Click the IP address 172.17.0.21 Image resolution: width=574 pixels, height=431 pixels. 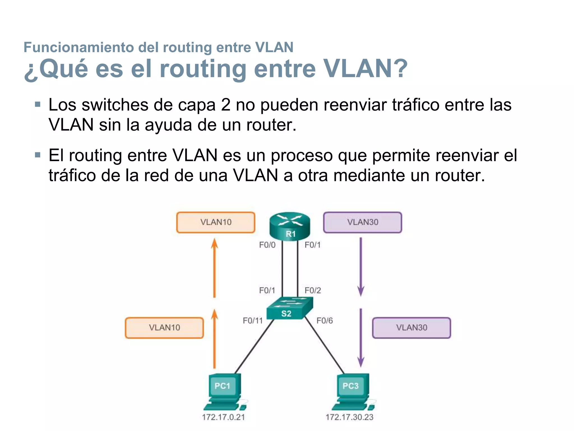click(x=223, y=417)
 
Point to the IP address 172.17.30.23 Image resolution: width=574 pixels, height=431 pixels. click(x=349, y=417)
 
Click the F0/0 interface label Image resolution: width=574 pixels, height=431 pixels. click(x=267, y=245)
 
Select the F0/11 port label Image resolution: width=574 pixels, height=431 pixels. click(x=253, y=321)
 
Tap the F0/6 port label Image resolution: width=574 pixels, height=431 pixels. click(x=325, y=321)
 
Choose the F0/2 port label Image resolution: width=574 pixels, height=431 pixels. click(x=313, y=290)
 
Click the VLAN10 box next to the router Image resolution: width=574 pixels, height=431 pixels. click(x=216, y=222)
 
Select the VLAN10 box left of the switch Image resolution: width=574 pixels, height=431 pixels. click(x=165, y=328)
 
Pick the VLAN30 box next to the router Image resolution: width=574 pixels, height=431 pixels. click(x=363, y=222)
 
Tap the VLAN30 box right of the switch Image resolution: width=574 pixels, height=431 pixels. click(x=411, y=328)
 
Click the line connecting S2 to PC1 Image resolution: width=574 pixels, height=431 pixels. click(x=254, y=347)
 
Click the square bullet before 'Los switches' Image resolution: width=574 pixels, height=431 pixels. click(x=38, y=105)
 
